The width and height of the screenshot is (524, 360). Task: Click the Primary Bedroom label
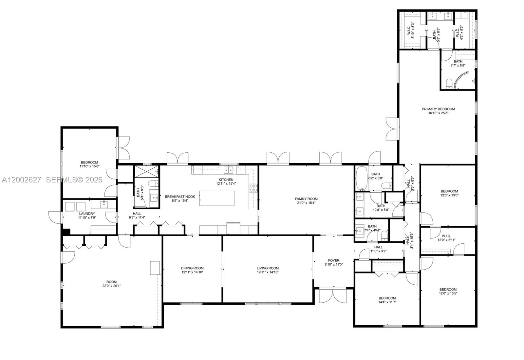(438, 109)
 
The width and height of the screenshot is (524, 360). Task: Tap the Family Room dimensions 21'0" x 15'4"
(306, 203)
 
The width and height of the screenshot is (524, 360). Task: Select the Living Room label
(268, 268)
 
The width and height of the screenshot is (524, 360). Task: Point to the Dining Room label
(192, 268)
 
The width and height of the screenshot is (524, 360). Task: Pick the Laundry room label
(87, 214)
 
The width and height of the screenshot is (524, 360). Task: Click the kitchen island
(217, 198)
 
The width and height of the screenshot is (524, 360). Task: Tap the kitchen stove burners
(253, 188)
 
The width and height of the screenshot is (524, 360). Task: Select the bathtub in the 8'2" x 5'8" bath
(362, 178)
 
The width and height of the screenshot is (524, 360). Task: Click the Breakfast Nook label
(180, 197)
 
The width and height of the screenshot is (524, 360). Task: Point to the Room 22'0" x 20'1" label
(111, 282)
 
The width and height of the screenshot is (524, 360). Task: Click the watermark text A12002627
(21, 180)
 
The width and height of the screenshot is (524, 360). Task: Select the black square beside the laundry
(66, 231)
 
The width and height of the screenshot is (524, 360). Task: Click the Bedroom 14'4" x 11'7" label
(387, 298)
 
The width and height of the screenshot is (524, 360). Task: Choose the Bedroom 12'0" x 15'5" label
(448, 289)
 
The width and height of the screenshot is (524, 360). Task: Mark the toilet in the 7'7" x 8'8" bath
(449, 84)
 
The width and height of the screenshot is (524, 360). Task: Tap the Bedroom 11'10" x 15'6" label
(89, 162)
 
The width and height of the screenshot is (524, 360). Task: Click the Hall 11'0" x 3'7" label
(378, 247)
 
